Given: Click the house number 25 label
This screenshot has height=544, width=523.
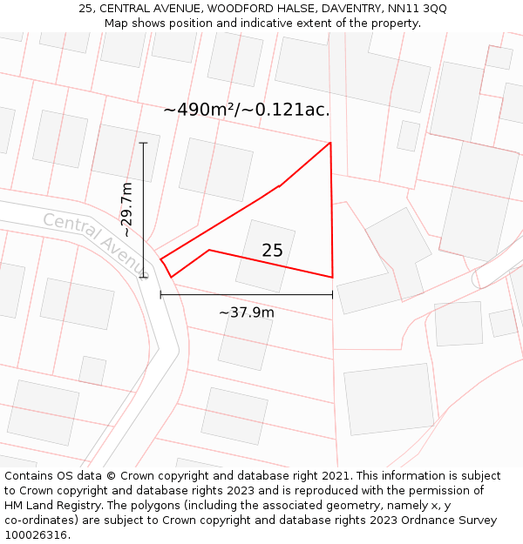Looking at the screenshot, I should [x=272, y=251].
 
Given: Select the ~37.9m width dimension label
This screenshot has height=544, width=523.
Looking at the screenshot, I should [x=247, y=312].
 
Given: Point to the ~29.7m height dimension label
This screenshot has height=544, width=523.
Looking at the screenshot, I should [x=127, y=210].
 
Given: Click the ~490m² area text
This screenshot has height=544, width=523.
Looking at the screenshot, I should [x=200, y=110].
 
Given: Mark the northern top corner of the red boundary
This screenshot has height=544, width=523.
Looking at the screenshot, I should [x=330, y=143].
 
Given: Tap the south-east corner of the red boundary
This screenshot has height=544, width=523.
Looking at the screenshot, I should [x=332, y=278].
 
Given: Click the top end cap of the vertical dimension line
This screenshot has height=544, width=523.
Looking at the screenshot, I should [x=143, y=143].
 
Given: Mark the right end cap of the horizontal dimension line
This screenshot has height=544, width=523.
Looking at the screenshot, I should [x=332, y=295].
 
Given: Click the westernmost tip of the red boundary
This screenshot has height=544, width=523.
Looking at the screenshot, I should [x=160, y=259].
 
